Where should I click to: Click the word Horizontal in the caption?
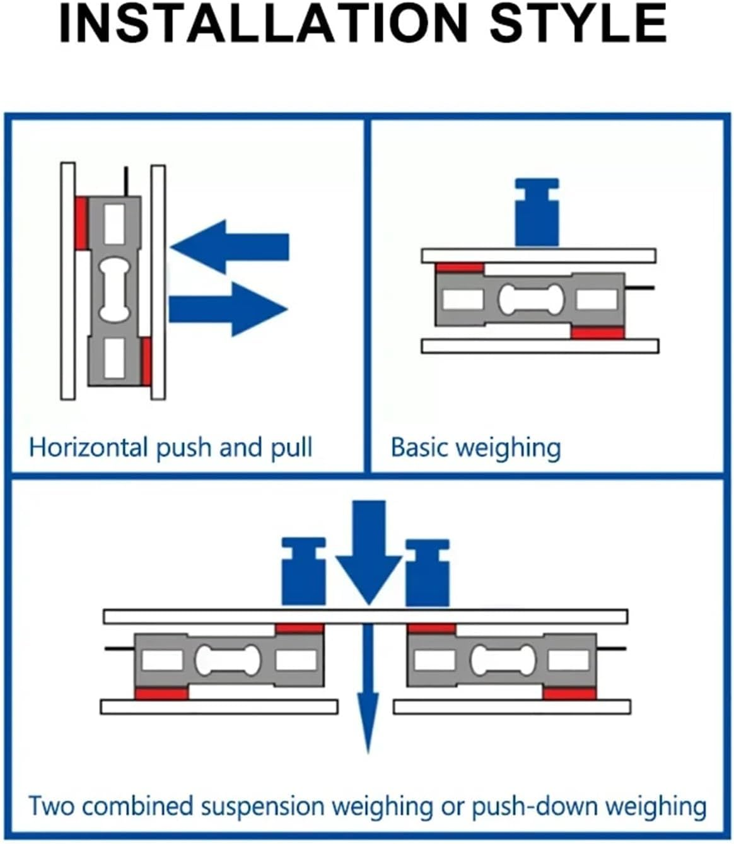(x=88, y=447)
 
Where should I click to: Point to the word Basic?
(x=419, y=447)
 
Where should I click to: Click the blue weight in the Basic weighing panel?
(x=537, y=213)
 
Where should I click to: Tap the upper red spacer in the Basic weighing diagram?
(x=460, y=268)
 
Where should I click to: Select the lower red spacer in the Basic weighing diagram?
(x=598, y=332)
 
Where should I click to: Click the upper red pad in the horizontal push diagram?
(x=81, y=223)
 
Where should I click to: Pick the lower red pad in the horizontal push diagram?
(x=146, y=361)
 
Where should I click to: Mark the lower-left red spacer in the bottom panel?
(x=161, y=693)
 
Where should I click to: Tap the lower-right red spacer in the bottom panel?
(x=569, y=693)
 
